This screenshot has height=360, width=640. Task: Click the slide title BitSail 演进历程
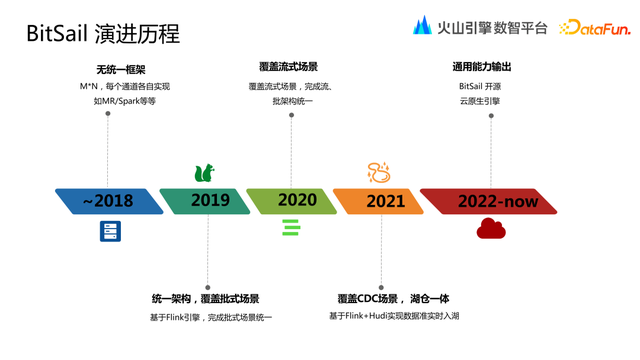pos(103,33)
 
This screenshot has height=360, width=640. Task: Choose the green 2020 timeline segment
pos(294,201)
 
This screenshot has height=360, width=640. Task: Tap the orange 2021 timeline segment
pos(380,201)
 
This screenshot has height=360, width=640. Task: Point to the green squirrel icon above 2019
pos(204,172)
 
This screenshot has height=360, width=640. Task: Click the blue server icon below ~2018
pos(110,231)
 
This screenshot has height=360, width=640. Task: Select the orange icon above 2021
pos(379,172)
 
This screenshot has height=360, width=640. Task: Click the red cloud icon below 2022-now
pos(491,230)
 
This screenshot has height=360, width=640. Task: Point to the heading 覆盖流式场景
pos(288,67)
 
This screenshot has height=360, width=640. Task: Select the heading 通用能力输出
pos(482,67)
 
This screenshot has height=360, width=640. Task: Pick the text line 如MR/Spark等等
pos(118,101)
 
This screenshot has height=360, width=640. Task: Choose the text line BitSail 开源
pos(479,86)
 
